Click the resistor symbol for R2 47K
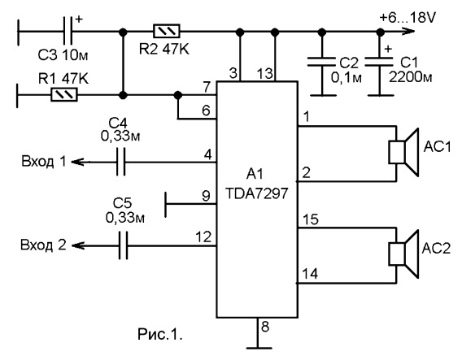pyautogui.click(x=167, y=31)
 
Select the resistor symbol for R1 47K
pyautogui.click(x=64, y=95)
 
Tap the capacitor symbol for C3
pyautogui.click(x=68, y=31)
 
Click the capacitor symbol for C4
pyautogui.click(x=121, y=162)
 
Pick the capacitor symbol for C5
pyautogui.click(x=124, y=245)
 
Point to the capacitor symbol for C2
pyautogui.click(x=322, y=62)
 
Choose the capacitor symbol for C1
pyautogui.click(x=380, y=62)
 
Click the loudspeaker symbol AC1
pyautogui.click(x=403, y=153)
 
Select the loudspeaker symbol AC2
pyautogui.click(x=403, y=254)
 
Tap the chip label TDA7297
pyautogui.click(x=256, y=193)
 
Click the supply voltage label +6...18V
pyautogui.click(x=408, y=18)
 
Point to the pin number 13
pyautogui.click(x=265, y=73)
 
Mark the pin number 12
pyautogui.click(x=203, y=236)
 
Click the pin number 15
pyautogui.click(x=311, y=219)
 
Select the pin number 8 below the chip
pyautogui.click(x=265, y=327)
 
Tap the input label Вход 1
pyautogui.click(x=44, y=161)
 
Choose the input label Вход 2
pyautogui.click(x=43, y=245)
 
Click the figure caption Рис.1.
pyautogui.click(x=160, y=334)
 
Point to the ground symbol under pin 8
pyautogui.click(x=258, y=349)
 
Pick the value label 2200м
pyautogui.click(x=411, y=77)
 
